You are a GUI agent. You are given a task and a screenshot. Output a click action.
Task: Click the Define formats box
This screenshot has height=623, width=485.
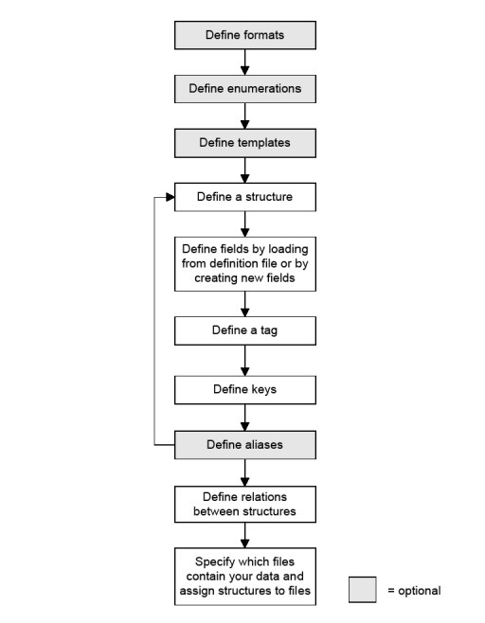[x=245, y=35]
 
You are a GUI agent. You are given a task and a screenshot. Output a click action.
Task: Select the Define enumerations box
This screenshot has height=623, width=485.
[x=245, y=89]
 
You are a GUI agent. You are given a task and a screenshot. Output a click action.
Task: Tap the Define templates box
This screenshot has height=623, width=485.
[x=245, y=143]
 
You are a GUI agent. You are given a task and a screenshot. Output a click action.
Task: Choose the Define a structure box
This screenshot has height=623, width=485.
[x=245, y=197]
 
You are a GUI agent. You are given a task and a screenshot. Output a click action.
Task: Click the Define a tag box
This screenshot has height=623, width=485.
[x=245, y=330]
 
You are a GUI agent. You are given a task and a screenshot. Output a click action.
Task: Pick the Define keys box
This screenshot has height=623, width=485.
[x=245, y=390]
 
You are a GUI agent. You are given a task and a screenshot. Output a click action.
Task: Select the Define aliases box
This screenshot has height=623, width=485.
[x=245, y=445]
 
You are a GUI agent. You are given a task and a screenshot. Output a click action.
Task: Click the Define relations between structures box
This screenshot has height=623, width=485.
[x=245, y=505]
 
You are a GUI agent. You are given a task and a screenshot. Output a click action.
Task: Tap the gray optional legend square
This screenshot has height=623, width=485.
[x=363, y=590]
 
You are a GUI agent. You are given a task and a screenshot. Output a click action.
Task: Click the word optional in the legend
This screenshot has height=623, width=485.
[x=420, y=591]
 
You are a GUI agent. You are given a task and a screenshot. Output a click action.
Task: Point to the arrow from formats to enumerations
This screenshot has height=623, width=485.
[x=245, y=62]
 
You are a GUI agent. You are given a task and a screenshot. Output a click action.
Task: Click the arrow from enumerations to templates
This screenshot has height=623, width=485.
[x=245, y=116]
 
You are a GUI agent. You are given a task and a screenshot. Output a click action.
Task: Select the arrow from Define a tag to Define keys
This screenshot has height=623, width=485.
[x=245, y=361]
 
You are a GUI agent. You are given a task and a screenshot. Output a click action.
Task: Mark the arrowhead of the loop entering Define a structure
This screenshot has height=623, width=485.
[x=171, y=197]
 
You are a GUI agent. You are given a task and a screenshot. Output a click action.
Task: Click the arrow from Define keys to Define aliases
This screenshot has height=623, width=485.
[x=245, y=418]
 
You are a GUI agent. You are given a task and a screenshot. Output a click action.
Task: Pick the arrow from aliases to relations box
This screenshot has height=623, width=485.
[x=245, y=472]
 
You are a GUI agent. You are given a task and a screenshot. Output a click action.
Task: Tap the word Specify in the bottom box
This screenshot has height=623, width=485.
[x=213, y=562]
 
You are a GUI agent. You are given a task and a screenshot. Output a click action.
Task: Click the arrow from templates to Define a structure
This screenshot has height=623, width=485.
[x=245, y=170]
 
